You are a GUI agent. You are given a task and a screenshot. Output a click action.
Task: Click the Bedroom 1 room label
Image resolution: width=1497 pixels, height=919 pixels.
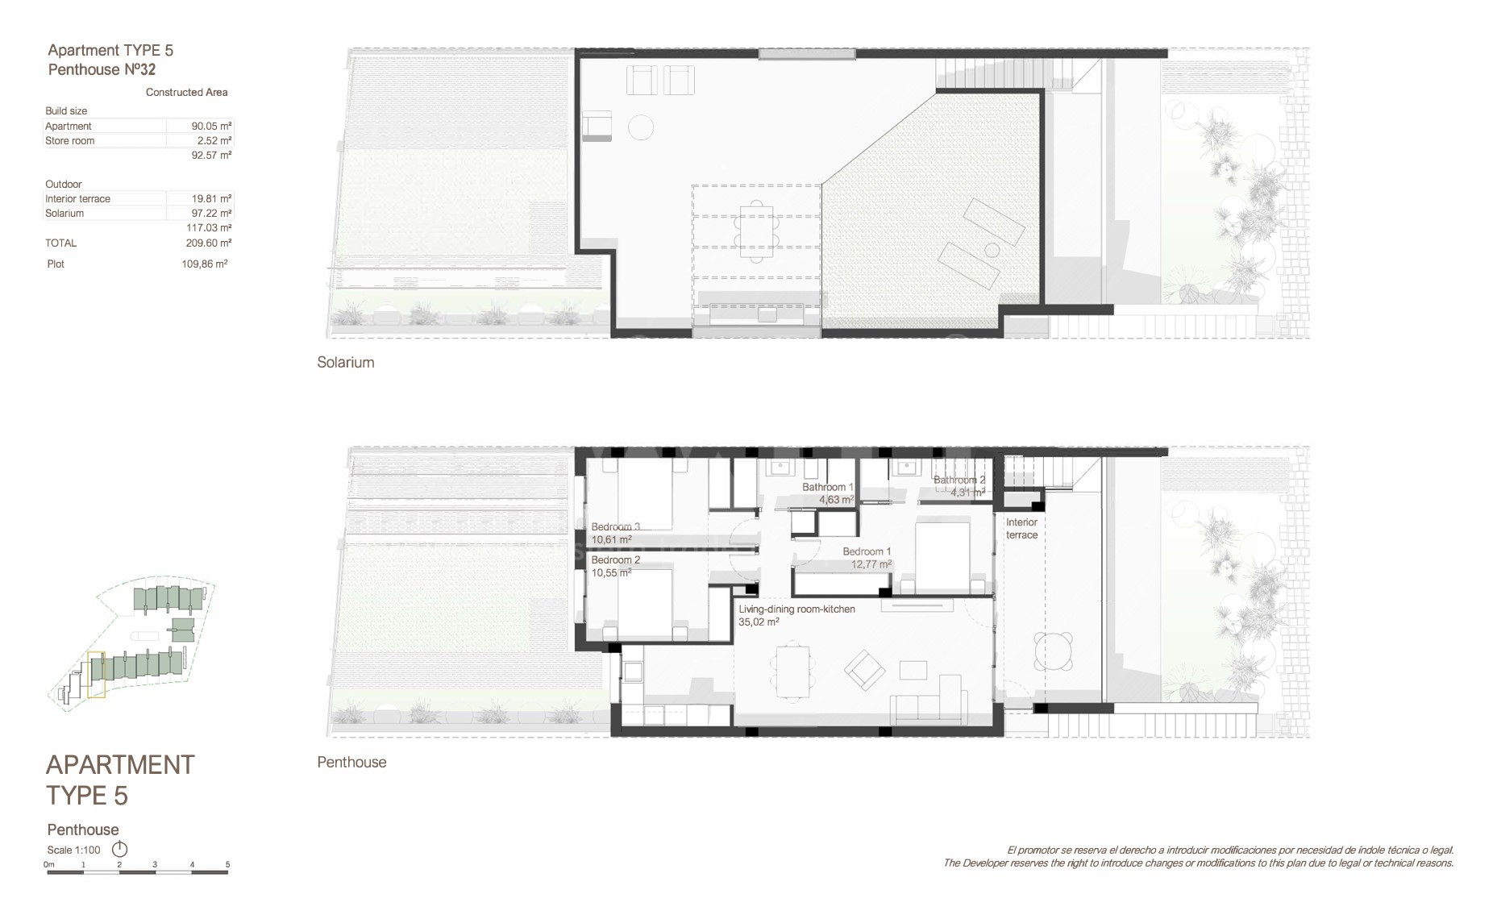867,551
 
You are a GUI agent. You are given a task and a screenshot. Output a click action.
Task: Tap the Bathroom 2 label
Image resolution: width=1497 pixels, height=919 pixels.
959,480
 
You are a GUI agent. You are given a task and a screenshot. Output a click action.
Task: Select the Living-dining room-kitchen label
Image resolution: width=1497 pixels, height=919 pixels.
796,609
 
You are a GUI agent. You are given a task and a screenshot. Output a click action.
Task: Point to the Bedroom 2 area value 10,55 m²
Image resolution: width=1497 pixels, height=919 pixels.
611,573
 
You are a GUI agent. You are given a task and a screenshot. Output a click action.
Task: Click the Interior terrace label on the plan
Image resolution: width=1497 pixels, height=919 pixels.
1021,529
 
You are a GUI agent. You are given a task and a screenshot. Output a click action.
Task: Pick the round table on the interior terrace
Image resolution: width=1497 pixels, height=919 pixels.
1054,651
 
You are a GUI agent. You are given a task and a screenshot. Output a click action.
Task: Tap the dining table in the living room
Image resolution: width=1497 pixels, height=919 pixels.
792,671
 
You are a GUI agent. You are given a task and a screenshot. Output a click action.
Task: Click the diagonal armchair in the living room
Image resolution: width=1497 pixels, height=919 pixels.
864,671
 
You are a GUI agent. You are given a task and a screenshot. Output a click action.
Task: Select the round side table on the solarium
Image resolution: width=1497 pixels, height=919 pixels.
641,127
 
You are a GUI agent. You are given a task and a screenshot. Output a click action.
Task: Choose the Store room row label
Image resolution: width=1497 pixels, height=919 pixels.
69,141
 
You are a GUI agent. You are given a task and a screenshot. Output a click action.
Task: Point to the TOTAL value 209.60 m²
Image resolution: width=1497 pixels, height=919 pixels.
209,243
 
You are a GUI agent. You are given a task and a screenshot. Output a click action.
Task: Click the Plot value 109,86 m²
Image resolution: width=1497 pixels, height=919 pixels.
205,264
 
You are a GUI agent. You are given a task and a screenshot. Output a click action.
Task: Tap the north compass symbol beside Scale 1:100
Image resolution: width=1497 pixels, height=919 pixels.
119,849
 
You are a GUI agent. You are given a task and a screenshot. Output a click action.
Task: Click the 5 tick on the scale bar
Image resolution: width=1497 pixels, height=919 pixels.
227,865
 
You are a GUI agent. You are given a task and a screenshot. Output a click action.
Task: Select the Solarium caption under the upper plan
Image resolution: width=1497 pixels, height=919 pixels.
346,363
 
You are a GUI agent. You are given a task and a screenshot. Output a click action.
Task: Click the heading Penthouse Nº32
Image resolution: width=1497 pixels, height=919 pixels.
102,70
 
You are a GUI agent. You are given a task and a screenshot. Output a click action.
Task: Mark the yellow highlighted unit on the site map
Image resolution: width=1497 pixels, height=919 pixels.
96,675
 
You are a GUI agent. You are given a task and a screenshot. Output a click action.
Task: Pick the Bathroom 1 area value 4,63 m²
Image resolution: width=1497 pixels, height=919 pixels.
836,500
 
